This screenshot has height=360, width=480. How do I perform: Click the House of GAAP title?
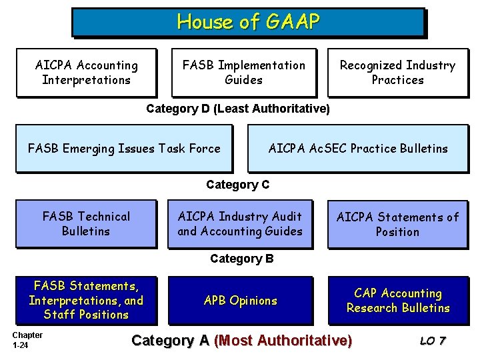tap(247, 23)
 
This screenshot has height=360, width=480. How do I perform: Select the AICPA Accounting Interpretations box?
tap(86, 73)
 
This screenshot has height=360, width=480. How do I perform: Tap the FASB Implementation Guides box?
tap(243, 73)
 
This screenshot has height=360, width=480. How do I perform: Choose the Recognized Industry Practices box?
tap(397, 73)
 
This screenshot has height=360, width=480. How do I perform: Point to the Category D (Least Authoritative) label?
tap(237, 109)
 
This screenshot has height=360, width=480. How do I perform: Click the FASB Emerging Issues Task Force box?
tap(124, 149)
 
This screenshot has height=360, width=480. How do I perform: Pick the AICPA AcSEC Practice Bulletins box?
tap(357, 149)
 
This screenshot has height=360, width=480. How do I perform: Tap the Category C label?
tap(237, 185)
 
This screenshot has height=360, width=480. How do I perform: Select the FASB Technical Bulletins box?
tap(86, 224)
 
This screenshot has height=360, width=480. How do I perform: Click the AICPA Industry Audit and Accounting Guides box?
tap(239, 224)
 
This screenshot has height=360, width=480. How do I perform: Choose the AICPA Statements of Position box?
tap(397, 224)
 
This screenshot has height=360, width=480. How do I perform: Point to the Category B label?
tap(241, 259)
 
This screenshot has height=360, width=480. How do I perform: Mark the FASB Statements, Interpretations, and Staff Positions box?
tap(86, 301)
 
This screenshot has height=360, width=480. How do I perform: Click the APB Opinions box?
tap(239, 301)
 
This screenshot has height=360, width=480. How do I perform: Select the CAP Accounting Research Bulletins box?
tap(397, 301)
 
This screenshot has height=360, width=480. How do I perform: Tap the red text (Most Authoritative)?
tap(283, 341)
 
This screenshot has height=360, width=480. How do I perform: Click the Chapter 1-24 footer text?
tap(27, 340)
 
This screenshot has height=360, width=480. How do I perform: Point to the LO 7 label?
tap(433, 341)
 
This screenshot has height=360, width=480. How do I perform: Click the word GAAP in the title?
tap(292, 23)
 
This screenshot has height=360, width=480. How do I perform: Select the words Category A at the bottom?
tap(171, 341)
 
